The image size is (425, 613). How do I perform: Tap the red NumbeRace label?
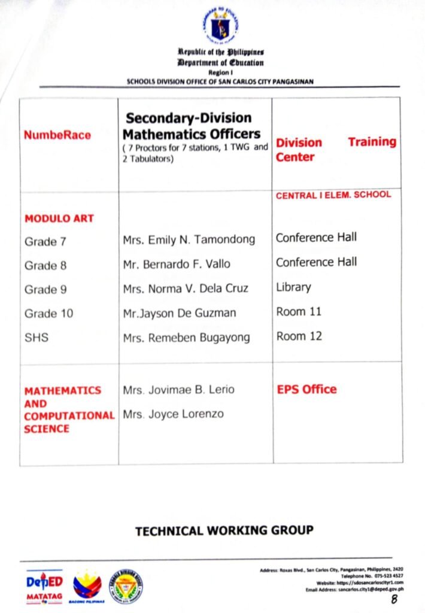pos(57,135)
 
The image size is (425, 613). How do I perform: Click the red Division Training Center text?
pos(336,149)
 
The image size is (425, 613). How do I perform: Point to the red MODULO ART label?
pos(59,219)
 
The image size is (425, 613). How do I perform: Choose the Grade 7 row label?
pos(45,242)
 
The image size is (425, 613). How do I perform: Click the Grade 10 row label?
pos(48,313)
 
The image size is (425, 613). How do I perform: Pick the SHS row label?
pos(37,338)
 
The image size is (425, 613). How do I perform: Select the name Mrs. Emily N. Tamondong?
pos(189,239)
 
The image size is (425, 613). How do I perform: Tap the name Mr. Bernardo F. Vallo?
pos(176,264)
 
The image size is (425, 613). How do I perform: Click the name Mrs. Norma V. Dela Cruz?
pos(185,289)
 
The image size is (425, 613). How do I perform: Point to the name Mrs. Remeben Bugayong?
pos(186,338)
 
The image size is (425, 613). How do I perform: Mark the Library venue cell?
pos(293,287)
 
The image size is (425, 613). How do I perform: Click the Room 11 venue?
pos(299,312)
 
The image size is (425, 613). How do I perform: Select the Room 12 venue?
pos(299,336)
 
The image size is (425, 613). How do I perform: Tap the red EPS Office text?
pos(306,389)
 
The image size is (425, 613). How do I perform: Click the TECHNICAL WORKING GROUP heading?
pos(224,530)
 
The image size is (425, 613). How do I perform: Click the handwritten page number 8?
pos(394,599)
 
